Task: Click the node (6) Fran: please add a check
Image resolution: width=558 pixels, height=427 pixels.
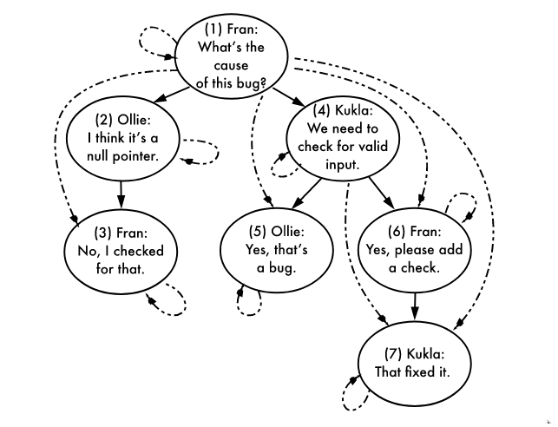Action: point(414,251)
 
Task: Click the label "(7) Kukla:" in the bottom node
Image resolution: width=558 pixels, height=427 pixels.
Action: point(417,354)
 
